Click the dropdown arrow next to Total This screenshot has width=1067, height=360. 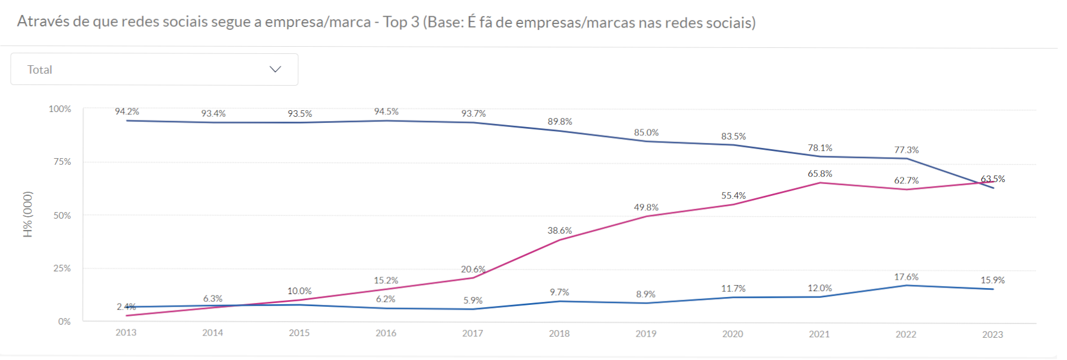275,69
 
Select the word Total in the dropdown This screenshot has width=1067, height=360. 40,69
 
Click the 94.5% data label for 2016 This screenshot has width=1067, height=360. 386,111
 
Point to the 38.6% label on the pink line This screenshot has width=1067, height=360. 559,231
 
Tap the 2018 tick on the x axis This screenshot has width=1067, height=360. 559,333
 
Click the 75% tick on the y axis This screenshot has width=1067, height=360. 62,162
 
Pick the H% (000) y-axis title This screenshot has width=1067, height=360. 28,214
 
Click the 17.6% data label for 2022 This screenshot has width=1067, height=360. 906,277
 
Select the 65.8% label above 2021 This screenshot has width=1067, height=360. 820,174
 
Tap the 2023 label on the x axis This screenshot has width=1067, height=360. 992,334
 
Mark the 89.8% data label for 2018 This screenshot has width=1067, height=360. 560,122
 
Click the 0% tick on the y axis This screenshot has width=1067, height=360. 64,322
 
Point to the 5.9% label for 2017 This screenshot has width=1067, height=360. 472,300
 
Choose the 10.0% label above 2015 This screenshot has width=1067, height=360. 299,291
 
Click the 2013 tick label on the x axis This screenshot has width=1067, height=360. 126,332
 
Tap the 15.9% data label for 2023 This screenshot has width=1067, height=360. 992,280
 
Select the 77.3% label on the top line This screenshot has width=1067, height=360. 906,150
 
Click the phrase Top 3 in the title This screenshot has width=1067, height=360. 401,22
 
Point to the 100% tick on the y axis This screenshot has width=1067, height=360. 60,109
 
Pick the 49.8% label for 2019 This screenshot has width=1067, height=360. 646,207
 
